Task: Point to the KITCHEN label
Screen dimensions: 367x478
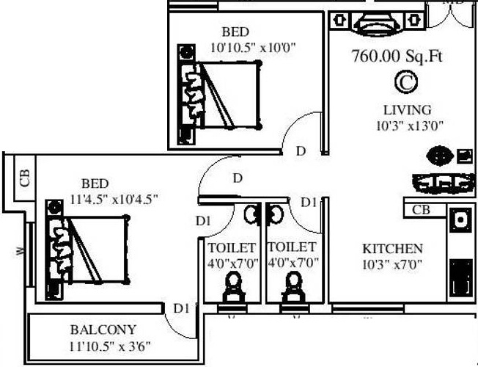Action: pyautogui.click(x=392, y=249)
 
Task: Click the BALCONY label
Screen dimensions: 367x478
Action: pyautogui.click(x=103, y=329)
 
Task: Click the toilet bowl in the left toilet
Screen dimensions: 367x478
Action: pyautogui.click(x=234, y=287)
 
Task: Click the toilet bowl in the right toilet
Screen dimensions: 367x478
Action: pyautogui.click(x=293, y=287)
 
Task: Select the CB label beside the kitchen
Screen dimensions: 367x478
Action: pyautogui.click(x=421, y=210)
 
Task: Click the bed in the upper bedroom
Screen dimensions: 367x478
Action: pyautogui.click(x=220, y=95)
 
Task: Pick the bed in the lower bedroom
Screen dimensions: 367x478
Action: pyautogui.click(x=88, y=250)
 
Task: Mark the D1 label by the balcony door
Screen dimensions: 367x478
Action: pyautogui.click(x=180, y=308)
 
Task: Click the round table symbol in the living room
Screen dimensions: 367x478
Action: pyautogui.click(x=440, y=156)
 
